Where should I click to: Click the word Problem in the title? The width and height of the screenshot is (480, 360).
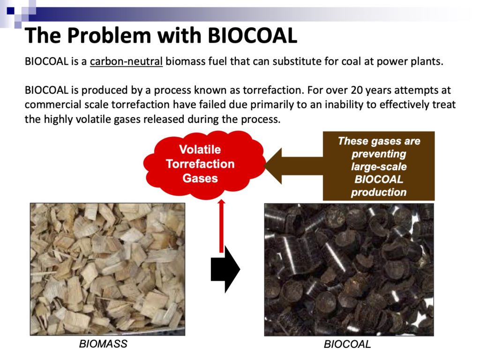(109, 36)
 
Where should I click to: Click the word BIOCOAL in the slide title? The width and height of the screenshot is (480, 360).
(252, 36)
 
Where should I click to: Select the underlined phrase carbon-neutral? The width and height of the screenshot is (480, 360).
(126, 61)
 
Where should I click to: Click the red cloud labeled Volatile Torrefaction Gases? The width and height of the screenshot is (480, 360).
(204, 165)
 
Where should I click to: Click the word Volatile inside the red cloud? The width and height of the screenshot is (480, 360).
(200, 150)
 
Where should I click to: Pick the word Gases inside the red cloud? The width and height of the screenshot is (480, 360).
(200, 178)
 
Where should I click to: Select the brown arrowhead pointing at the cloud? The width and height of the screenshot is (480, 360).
(273, 166)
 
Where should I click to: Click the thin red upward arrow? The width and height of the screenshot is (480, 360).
(221, 226)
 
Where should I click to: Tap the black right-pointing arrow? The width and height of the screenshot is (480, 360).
(225, 269)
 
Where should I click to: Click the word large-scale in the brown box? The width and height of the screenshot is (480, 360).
(379, 167)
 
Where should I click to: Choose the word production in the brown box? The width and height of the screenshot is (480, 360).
(379, 192)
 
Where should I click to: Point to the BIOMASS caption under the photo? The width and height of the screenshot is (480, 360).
(103, 344)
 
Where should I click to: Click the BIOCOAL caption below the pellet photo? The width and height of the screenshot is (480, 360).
(347, 344)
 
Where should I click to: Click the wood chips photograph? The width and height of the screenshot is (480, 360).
(107, 269)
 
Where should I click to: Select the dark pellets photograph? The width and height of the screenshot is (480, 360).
(349, 270)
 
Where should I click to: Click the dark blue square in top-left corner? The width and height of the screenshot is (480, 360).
(10, 11)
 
